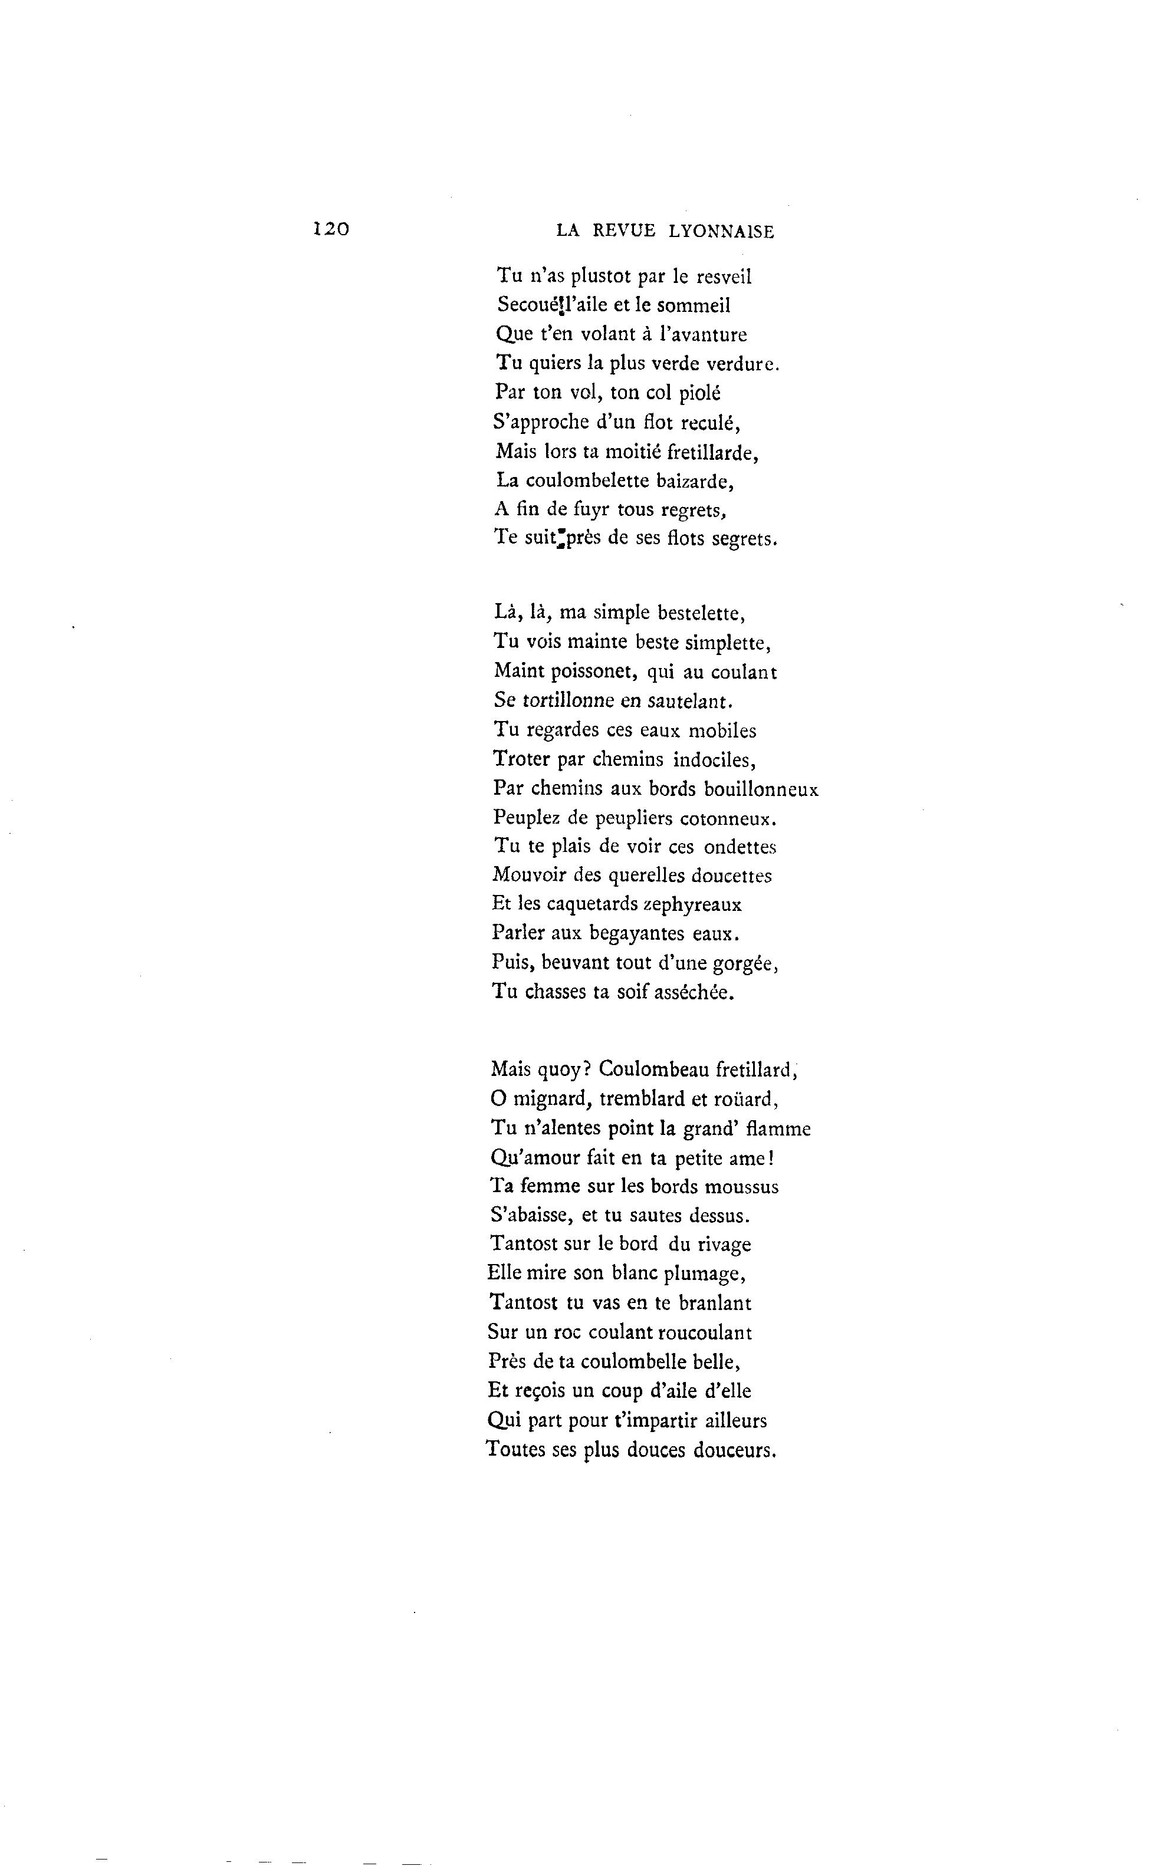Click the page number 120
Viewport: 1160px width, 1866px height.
331,229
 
